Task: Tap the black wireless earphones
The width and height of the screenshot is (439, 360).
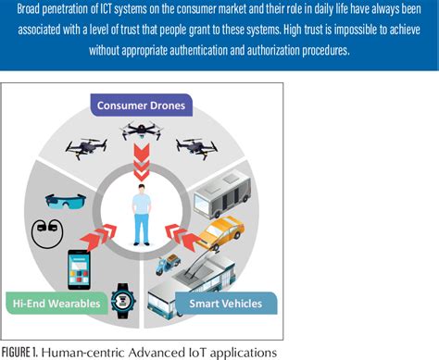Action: [x=46, y=230]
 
